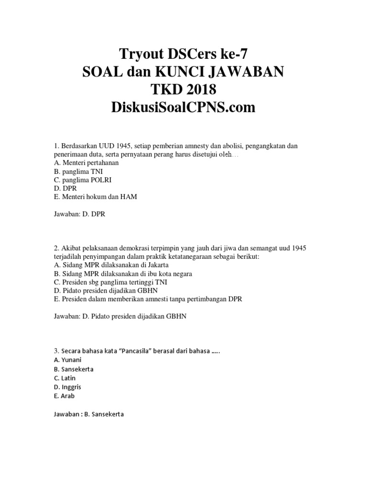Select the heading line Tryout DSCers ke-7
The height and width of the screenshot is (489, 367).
coord(183,53)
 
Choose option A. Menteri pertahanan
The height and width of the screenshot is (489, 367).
coord(86,162)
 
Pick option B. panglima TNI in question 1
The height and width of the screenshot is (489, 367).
coord(78,171)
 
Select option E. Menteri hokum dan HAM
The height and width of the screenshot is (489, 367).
coord(96,197)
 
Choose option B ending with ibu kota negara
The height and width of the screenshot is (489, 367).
coord(124,273)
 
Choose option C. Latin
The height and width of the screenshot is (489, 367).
coord(65,378)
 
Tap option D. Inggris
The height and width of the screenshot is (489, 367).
coord(68,387)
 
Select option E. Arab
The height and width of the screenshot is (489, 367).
coord(65,396)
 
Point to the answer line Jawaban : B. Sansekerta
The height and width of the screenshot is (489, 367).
coord(89,414)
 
